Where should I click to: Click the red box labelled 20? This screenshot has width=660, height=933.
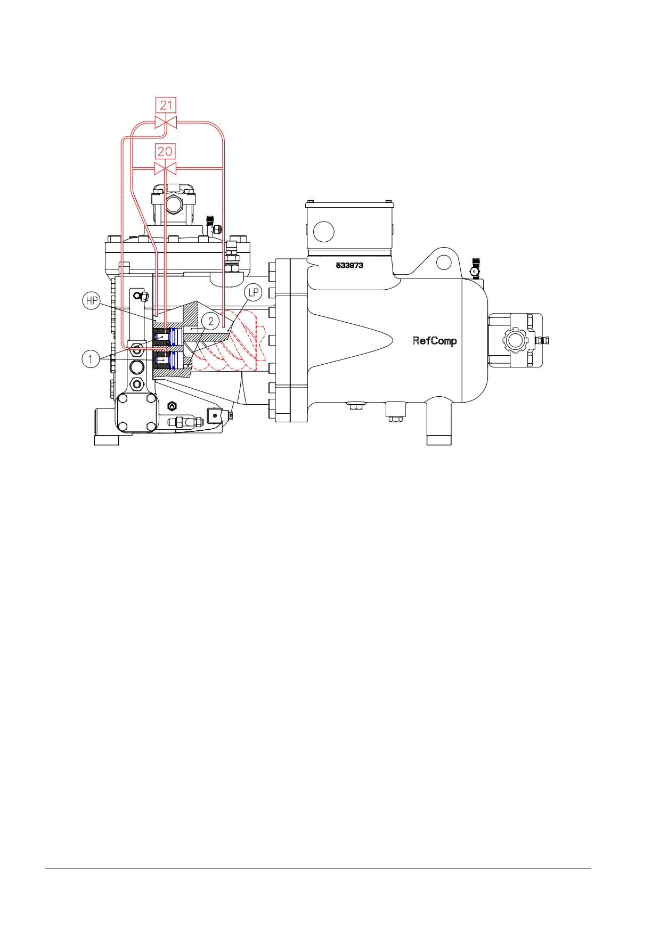165,152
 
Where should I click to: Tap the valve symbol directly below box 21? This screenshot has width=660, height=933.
166,122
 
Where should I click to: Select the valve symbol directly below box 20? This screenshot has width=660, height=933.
165,169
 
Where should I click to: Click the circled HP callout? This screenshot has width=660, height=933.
92,301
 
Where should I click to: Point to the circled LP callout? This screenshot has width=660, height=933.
254,292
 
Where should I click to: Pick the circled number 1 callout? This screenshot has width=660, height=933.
91,359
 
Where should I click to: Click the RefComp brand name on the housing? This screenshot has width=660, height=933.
434,341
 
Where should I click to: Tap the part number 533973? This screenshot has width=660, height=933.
349,265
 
